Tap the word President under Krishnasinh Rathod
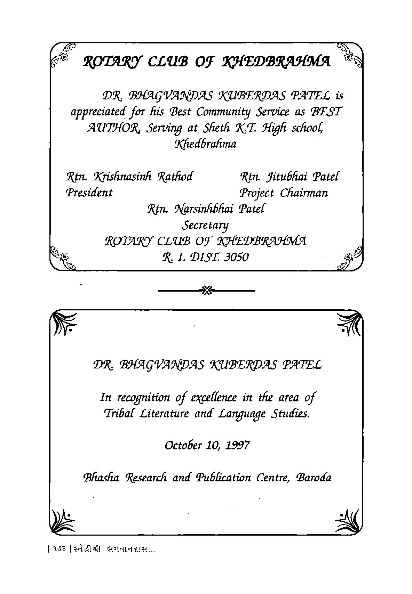point(89,193)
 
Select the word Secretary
point(206,226)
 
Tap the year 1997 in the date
point(238,445)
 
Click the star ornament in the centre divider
point(206,290)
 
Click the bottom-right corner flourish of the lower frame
point(349,520)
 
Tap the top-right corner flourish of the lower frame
point(349,324)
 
